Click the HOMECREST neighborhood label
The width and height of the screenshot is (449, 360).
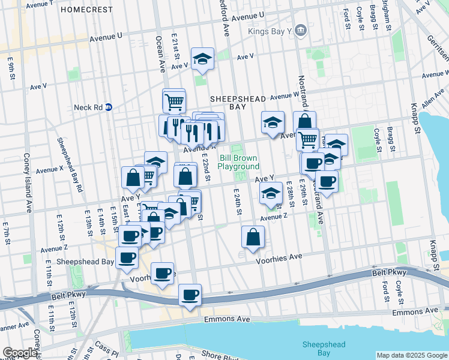coord(86,10)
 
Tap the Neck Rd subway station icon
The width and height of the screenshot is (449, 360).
coord(109,107)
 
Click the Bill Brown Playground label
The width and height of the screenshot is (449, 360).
coord(238,162)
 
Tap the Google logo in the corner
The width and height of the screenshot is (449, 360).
coord(20,353)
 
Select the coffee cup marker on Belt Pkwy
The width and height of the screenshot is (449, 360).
coord(190,295)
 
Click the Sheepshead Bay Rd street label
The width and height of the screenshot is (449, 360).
coord(70,164)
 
